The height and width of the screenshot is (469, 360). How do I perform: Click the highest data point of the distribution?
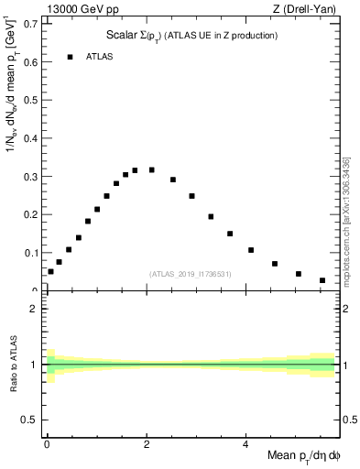tap(135, 169)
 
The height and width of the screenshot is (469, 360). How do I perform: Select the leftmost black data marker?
tap(50, 271)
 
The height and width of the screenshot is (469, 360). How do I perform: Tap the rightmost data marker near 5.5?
tap(322, 280)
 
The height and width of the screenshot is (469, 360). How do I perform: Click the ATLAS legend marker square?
tap(70, 57)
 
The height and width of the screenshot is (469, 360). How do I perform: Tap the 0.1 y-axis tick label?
tap(34, 253)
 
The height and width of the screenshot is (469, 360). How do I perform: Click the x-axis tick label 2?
tap(147, 446)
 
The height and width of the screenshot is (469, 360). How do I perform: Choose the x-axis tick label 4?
tap(246, 446)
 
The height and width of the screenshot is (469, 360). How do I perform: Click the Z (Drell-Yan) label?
tap(311, 9)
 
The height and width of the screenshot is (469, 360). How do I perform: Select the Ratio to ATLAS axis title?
tap(14, 365)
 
